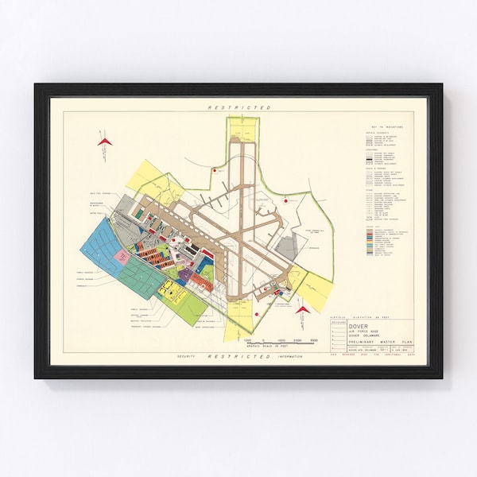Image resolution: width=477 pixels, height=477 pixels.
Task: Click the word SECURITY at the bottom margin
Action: tap(190, 358)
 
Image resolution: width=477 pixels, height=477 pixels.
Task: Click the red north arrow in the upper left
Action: tap(105, 142)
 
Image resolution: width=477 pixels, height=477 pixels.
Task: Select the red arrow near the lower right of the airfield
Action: tap(304, 310)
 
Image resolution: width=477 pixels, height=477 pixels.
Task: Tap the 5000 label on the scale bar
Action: tap(314, 339)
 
